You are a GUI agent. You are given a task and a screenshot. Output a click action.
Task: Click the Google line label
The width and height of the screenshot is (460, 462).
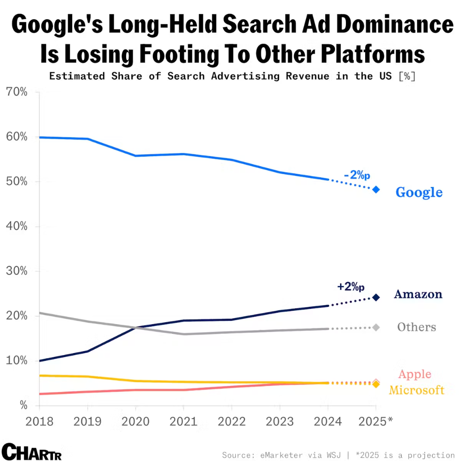pyautogui.click(x=419, y=192)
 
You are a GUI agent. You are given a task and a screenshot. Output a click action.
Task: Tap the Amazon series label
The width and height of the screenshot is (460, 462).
pyautogui.click(x=418, y=294)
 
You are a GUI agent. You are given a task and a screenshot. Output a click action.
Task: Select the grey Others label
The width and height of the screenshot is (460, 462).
pyautogui.click(x=416, y=327)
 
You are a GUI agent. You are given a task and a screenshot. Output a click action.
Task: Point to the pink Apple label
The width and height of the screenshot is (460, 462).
pyautogui.click(x=414, y=374)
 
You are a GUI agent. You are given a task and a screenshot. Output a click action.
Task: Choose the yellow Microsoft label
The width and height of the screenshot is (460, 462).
pyautogui.click(x=416, y=390)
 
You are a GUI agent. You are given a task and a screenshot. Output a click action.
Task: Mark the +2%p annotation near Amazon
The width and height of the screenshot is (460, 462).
pyautogui.click(x=351, y=287)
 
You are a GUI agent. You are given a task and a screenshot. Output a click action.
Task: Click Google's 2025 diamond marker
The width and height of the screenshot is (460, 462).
pyautogui.click(x=376, y=189)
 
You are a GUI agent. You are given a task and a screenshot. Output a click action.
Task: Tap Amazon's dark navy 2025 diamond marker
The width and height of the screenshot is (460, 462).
pyautogui.click(x=376, y=297)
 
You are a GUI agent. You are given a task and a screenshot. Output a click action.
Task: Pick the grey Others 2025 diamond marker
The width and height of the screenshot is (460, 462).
pyautogui.click(x=376, y=328)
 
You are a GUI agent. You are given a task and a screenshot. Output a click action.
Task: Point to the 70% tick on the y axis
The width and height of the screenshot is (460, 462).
pyautogui.click(x=16, y=92)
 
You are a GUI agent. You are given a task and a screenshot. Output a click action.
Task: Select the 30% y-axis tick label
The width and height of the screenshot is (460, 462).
pyautogui.click(x=16, y=271)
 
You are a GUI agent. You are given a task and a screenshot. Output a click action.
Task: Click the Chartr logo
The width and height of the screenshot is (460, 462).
pyautogui.click(x=32, y=452)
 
